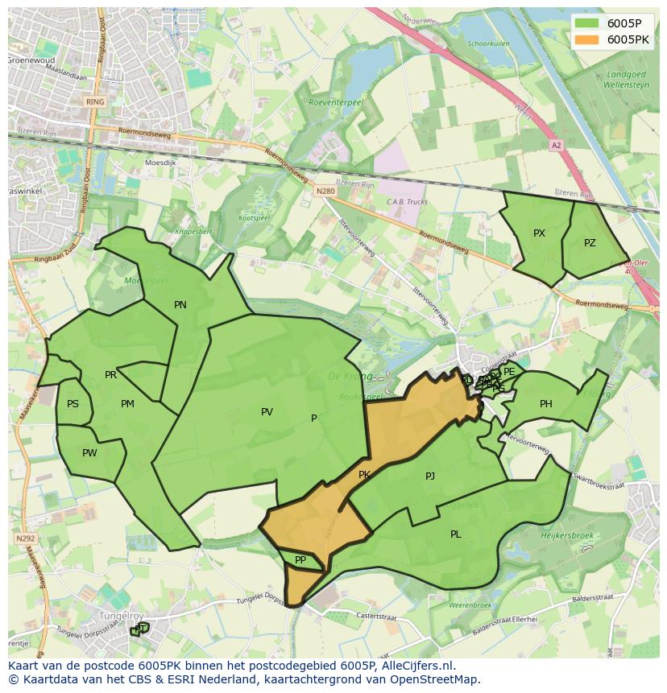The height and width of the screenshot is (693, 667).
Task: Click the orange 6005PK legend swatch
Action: [x=588, y=39]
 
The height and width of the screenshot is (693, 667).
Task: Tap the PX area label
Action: [x=539, y=233]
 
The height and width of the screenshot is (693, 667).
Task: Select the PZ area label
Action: [x=590, y=242]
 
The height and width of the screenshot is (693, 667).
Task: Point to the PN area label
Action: [x=180, y=304]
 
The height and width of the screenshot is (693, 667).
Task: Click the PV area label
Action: [x=267, y=412]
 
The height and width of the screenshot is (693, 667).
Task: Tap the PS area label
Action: [x=73, y=404]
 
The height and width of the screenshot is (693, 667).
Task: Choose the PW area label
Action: [x=89, y=453]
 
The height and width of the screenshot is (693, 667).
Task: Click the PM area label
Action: [x=127, y=404]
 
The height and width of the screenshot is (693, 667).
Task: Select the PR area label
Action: [x=111, y=375]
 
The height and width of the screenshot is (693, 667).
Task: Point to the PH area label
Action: [x=546, y=404]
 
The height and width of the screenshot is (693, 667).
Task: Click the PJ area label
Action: [x=430, y=476]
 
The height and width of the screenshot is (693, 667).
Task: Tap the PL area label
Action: [x=456, y=534]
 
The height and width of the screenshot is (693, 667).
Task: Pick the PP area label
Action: [x=300, y=560]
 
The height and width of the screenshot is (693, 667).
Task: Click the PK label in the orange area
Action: [x=364, y=475]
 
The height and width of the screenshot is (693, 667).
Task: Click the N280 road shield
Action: [x=325, y=191]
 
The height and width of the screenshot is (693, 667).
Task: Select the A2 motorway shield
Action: [x=556, y=146]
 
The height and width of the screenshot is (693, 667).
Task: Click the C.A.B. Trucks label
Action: [x=407, y=202]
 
